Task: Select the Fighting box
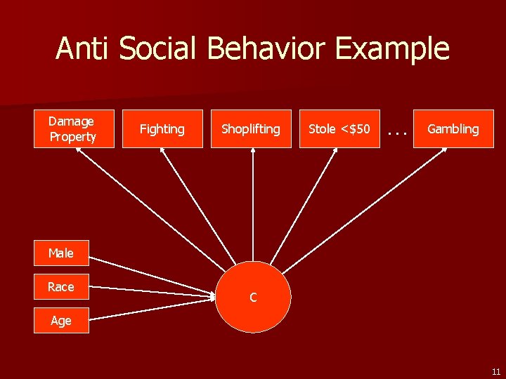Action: pos(162,128)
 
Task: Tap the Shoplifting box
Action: pos(251,128)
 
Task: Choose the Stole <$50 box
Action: pos(339,128)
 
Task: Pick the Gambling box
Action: pos(453,128)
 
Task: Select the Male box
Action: pos(61,253)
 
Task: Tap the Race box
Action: pos(61,286)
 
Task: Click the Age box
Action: pos(61,320)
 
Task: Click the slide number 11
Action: pos(495,372)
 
